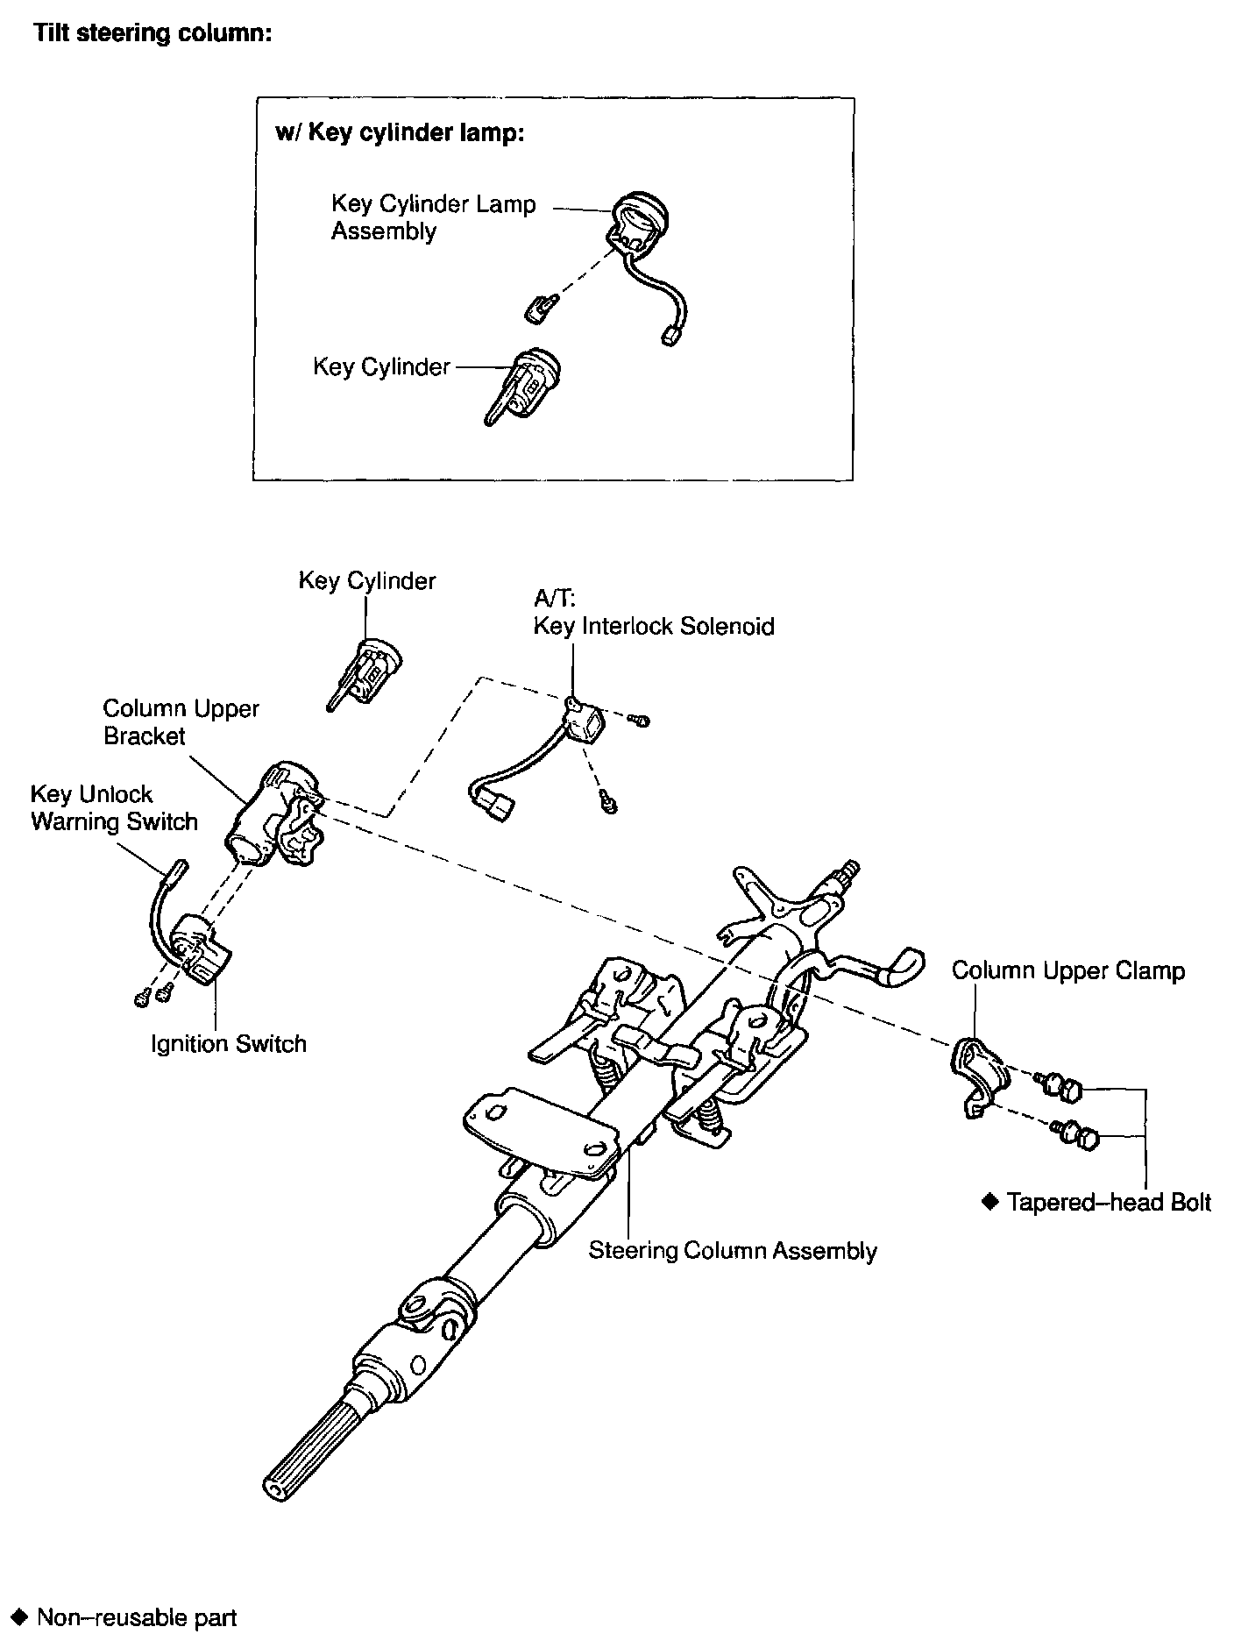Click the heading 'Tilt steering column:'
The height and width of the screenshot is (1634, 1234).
click(x=152, y=34)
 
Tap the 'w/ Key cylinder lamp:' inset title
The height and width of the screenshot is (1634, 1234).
click(x=400, y=132)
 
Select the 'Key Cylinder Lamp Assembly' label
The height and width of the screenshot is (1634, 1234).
click(x=433, y=217)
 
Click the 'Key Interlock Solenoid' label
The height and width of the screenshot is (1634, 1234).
click(x=654, y=626)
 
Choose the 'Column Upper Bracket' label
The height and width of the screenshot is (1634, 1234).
click(x=181, y=721)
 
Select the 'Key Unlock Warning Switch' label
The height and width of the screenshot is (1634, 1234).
click(x=114, y=807)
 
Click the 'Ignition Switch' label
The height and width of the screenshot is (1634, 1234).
click(x=229, y=1043)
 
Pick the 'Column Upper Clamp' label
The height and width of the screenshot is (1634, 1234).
click(x=1067, y=970)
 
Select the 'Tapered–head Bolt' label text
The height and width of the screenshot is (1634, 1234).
click(x=1108, y=1202)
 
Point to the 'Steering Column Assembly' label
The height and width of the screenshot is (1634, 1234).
click(x=732, y=1250)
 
